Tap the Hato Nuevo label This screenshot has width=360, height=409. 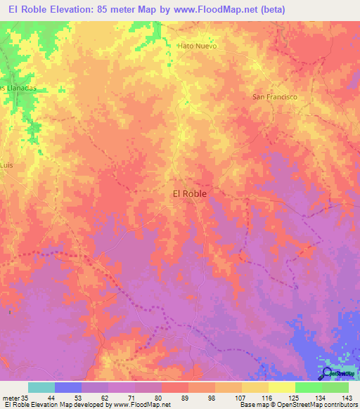click(x=198, y=46)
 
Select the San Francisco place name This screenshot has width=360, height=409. click(x=275, y=96)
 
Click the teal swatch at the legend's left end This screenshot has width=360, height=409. click(x=41, y=387)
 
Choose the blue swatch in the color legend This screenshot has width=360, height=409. click(x=68, y=387)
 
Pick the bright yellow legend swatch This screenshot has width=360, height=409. click(x=282, y=387)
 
